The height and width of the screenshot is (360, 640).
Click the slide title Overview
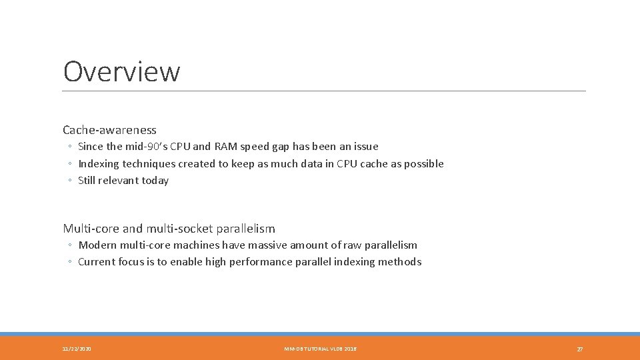121,72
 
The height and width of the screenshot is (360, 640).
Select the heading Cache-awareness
109,130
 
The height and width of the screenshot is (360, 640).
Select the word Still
87,181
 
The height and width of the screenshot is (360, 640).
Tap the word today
155,181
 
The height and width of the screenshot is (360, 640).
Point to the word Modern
97,245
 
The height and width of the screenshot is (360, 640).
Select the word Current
97,262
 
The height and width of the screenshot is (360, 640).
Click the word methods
401,262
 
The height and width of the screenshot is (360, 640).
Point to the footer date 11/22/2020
77,349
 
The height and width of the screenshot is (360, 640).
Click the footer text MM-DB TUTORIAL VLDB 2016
320,349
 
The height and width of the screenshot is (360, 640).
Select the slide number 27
579,349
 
